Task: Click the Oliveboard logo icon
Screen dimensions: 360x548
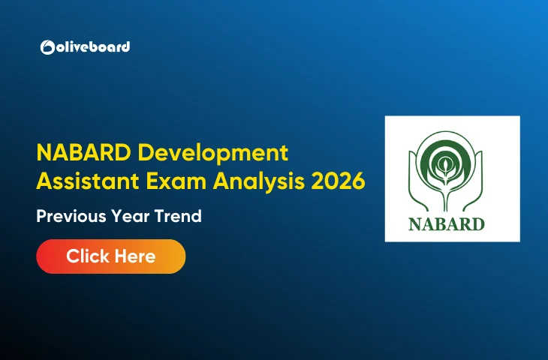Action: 47,47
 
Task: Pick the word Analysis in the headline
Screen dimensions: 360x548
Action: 251,180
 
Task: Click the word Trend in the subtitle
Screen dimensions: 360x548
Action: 179,217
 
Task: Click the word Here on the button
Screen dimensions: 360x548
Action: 134,256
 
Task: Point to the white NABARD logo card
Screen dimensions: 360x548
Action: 452,178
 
